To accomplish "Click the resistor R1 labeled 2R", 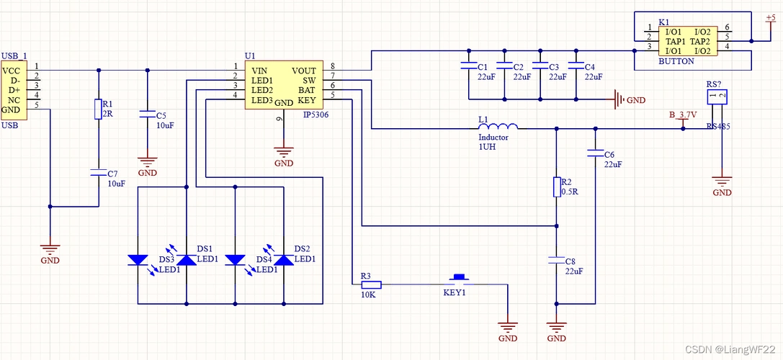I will tap(99, 109).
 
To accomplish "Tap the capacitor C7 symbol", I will tap(99, 174).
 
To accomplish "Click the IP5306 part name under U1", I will tap(316, 114).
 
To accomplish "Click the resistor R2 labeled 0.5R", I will tap(556, 187).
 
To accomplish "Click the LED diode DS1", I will tap(187, 260).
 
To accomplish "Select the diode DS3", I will tap(138, 260).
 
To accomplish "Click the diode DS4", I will tap(236, 260).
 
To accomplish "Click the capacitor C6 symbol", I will tap(595, 153).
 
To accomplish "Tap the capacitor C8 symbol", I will tap(556, 259).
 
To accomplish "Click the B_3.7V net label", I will tap(683, 114).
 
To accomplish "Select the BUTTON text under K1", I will tap(676, 62).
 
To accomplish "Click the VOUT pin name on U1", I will tap(303, 71).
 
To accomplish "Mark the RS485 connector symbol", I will tap(717, 97).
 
